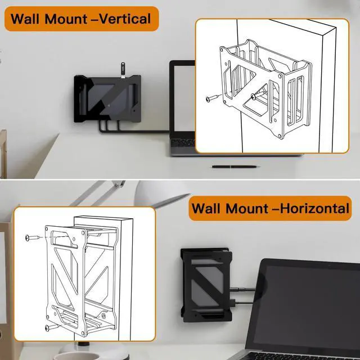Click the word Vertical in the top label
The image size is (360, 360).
click(x=121, y=19)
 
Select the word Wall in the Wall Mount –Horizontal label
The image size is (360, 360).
click(x=208, y=209)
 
